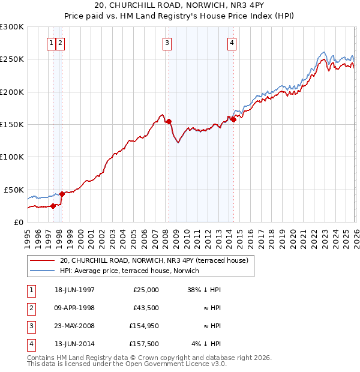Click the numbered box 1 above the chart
[52, 43]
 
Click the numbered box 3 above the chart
[166, 43]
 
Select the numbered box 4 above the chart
[231, 43]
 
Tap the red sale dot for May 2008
[169, 121]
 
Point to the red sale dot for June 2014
[233, 119]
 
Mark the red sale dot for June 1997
[53, 206]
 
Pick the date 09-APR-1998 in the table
[74, 308]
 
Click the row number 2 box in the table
[31, 308]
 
